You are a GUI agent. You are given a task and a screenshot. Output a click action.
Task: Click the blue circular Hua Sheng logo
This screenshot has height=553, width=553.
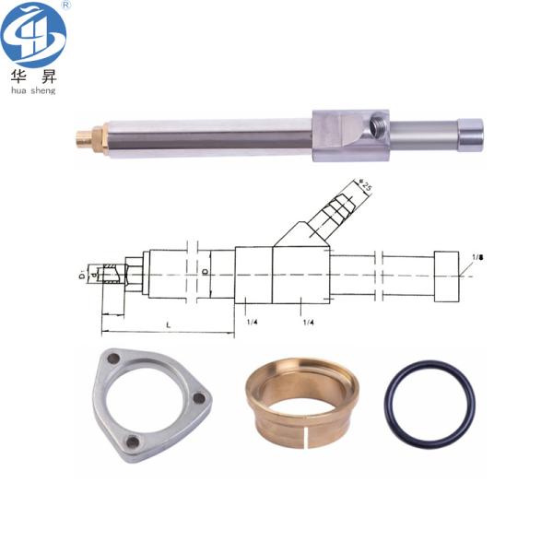click(x=33, y=35)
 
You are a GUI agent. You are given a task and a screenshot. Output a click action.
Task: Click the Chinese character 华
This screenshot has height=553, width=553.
click(x=18, y=76)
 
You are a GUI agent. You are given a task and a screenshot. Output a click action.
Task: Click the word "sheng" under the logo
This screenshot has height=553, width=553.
click(x=43, y=90)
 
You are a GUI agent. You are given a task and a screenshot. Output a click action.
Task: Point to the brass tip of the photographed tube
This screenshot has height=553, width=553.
click(x=86, y=140)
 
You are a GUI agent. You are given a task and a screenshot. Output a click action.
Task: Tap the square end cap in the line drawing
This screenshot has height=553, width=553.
click(x=446, y=275)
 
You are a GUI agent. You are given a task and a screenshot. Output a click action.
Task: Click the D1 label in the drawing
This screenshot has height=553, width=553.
click(x=81, y=275)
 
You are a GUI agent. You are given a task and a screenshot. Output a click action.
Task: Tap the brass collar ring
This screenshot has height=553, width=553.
click(x=296, y=401)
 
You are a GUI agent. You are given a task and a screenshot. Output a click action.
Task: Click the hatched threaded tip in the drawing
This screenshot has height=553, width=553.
click(x=112, y=274)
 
